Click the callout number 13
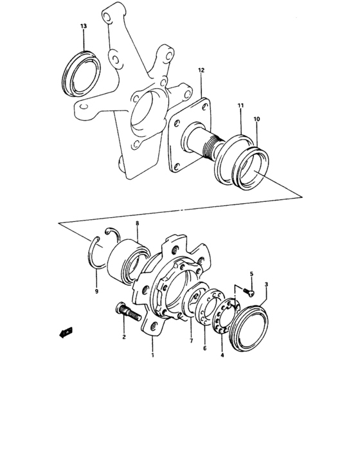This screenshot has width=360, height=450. pos(83,26)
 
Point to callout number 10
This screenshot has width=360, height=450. pos(256,119)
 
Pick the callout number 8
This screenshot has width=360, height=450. pos(137,224)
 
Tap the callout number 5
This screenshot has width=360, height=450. pos(252,273)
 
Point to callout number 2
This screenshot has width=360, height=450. pos(123,336)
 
